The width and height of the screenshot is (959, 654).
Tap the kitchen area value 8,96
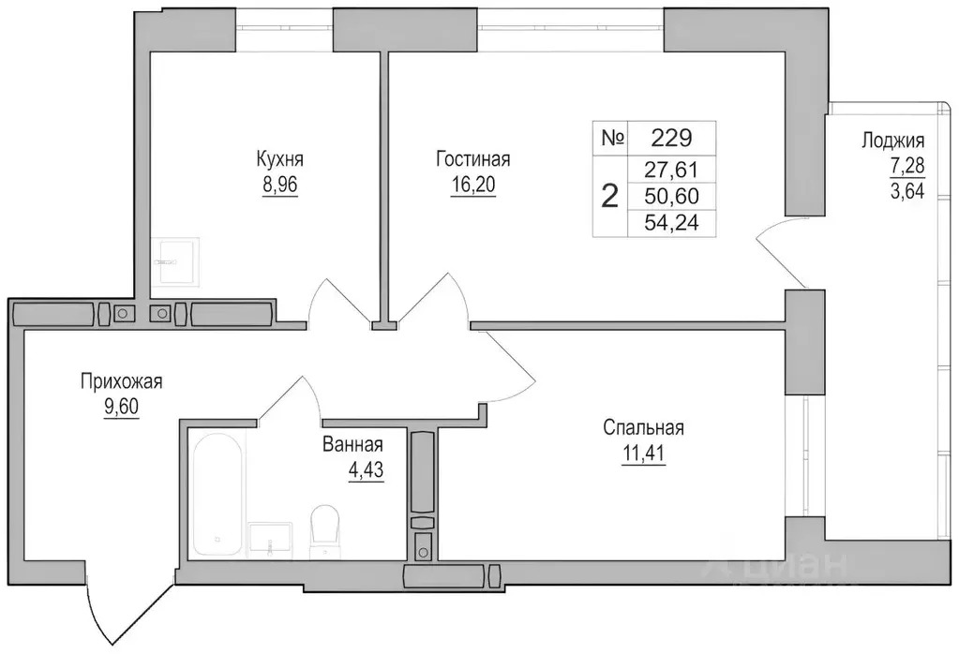click(280, 184)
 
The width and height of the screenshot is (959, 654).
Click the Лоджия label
click(892, 141)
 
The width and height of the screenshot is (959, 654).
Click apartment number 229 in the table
click(670, 139)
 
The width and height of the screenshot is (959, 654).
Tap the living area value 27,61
click(670, 171)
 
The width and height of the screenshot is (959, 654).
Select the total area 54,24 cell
click(670, 222)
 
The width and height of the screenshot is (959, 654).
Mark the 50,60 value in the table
click(670, 196)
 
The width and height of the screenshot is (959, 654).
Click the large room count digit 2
click(609, 197)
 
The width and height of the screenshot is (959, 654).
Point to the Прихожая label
click(122, 381)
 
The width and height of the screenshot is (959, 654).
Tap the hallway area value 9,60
click(122, 409)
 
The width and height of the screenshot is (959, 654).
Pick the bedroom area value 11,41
click(643, 455)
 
